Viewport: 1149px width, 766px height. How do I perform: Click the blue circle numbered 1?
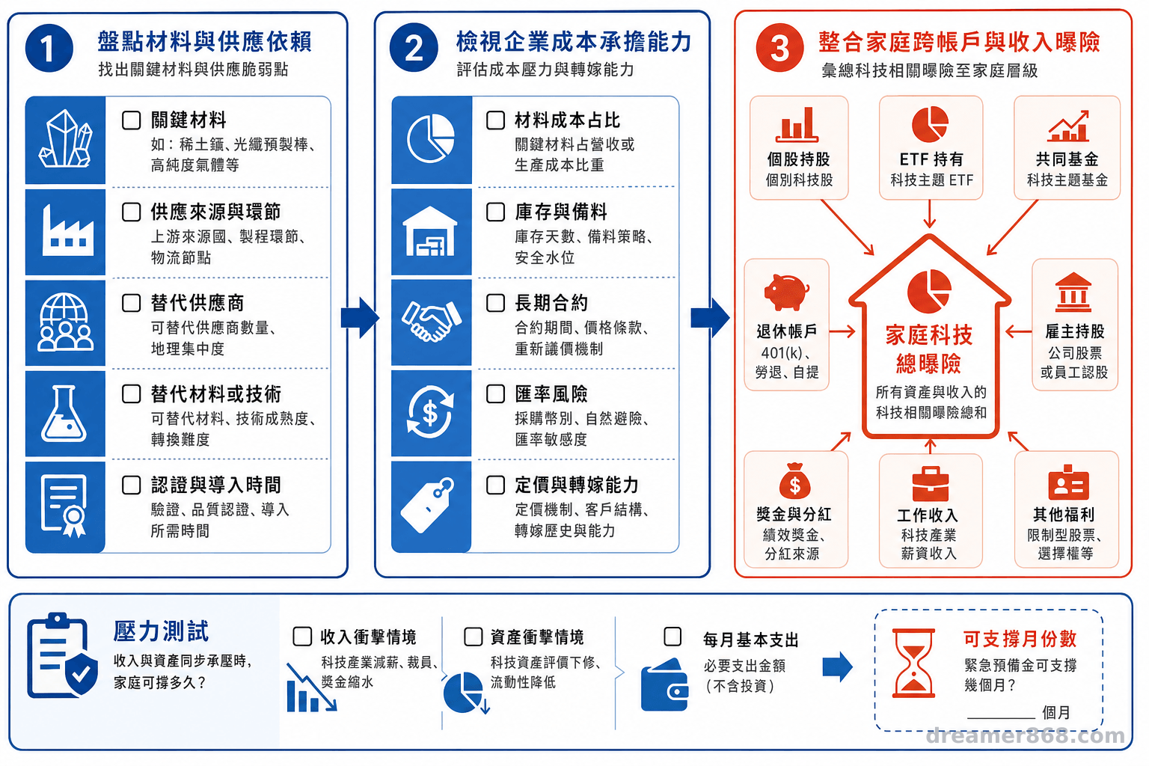(49, 48)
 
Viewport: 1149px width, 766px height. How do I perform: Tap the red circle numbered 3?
(779, 48)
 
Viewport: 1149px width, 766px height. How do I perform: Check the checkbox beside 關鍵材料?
(132, 120)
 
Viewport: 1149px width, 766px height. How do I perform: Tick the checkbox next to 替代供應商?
(132, 303)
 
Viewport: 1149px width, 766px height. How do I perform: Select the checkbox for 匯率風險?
(495, 393)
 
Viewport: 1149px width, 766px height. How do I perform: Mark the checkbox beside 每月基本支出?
(672, 637)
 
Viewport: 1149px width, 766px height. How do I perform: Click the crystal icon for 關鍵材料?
(66, 138)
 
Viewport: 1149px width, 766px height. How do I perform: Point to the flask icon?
(64, 414)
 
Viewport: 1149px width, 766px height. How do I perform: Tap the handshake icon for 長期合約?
(432, 321)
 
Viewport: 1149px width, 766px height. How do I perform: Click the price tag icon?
(427, 506)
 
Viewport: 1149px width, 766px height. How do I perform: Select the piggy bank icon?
(786, 292)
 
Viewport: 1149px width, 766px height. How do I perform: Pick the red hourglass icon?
(913, 663)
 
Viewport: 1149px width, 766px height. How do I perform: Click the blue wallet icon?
(665, 684)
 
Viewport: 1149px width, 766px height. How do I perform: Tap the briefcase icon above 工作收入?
(931, 483)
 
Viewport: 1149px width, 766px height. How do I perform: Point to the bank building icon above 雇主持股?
(1073, 292)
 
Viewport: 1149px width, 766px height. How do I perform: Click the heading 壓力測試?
(161, 631)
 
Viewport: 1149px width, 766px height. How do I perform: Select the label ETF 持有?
(931, 159)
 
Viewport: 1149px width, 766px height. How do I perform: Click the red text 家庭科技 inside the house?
(929, 335)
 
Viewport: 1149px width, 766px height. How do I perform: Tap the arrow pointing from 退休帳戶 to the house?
(842, 331)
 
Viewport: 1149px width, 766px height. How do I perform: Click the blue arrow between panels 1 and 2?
(360, 318)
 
